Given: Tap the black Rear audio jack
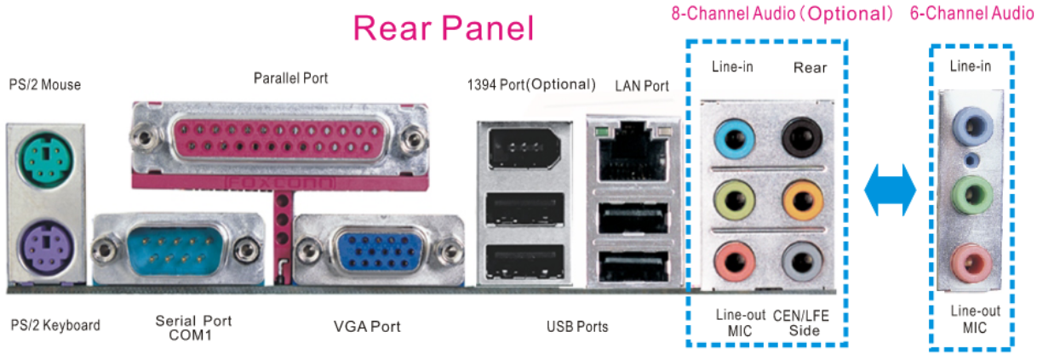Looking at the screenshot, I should [801, 134].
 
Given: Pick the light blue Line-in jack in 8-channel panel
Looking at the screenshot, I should [732, 134].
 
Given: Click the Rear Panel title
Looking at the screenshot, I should [444, 28].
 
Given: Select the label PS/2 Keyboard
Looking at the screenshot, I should [55, 325].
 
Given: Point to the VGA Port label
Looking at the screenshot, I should [366, 326].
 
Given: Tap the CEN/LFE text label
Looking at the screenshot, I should [800, 315].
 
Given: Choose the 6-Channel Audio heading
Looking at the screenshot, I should [971, 14].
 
